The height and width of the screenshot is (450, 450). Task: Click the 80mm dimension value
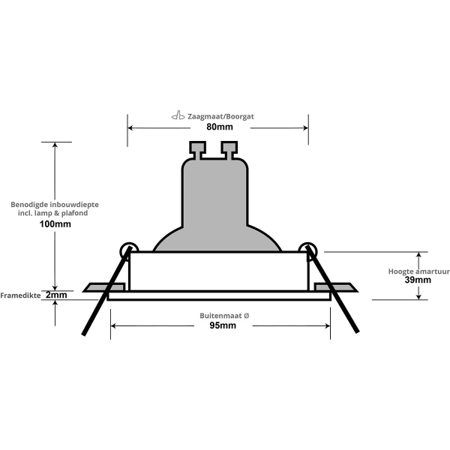coord(218,127)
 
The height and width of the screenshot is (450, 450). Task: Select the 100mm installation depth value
coord(55,224)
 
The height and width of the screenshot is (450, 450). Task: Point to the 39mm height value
coord(418,280)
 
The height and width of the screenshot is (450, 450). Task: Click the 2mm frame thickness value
coord(55,295)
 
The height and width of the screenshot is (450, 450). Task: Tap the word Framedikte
coord(20,295)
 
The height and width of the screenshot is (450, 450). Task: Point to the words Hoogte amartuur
coord(418,270)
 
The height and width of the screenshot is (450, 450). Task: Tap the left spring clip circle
coord(127,248)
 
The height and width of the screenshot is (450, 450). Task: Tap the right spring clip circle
coord(307,248)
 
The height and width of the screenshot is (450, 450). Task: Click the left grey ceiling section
coord(96,287)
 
